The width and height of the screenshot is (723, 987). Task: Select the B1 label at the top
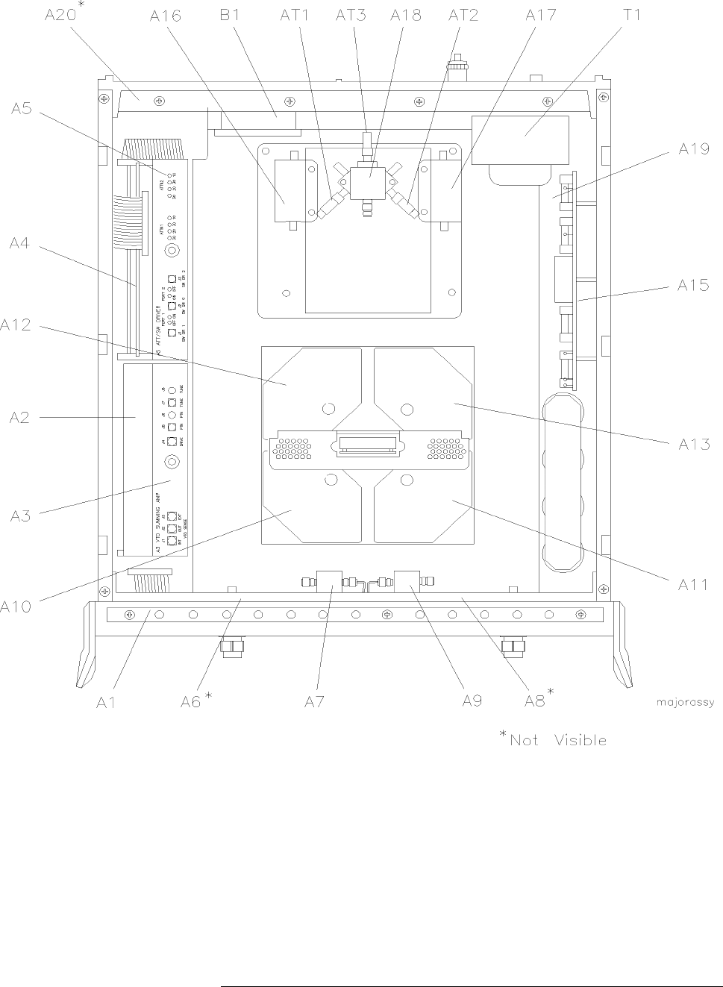pyautogui.click(x=229, y=14)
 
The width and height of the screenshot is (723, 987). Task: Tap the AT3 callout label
pyautogui.click(x=350, y=14)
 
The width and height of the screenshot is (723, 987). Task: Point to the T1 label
pyautogui.click(x=631, y=14)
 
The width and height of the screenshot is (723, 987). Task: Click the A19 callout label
pyautogui.click(x=693, y=148)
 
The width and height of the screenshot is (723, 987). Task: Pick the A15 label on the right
pyautogui.click(x=693, y=285)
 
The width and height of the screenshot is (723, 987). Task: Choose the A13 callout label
pyautogui.click(x=693, y=445)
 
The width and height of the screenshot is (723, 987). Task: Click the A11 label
pyautogui.click(x=693, y=584)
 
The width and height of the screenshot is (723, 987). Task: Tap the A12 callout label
pyautogui.click(x=16, y=325)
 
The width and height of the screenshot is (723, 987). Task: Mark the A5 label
pyautogui.click(x=21, y=109)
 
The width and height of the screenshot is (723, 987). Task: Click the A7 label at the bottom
pyautogui.click(x=314, y=701)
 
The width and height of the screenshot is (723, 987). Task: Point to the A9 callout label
pyautogui.click(x=472, y=701)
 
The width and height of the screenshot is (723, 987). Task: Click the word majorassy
pyautogui.click(x=685, y=702)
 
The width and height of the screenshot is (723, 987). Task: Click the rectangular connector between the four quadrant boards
pyautogui.click(x=366, y=445)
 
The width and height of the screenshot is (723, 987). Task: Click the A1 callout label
pyautogui.click(x=106, y=701)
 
